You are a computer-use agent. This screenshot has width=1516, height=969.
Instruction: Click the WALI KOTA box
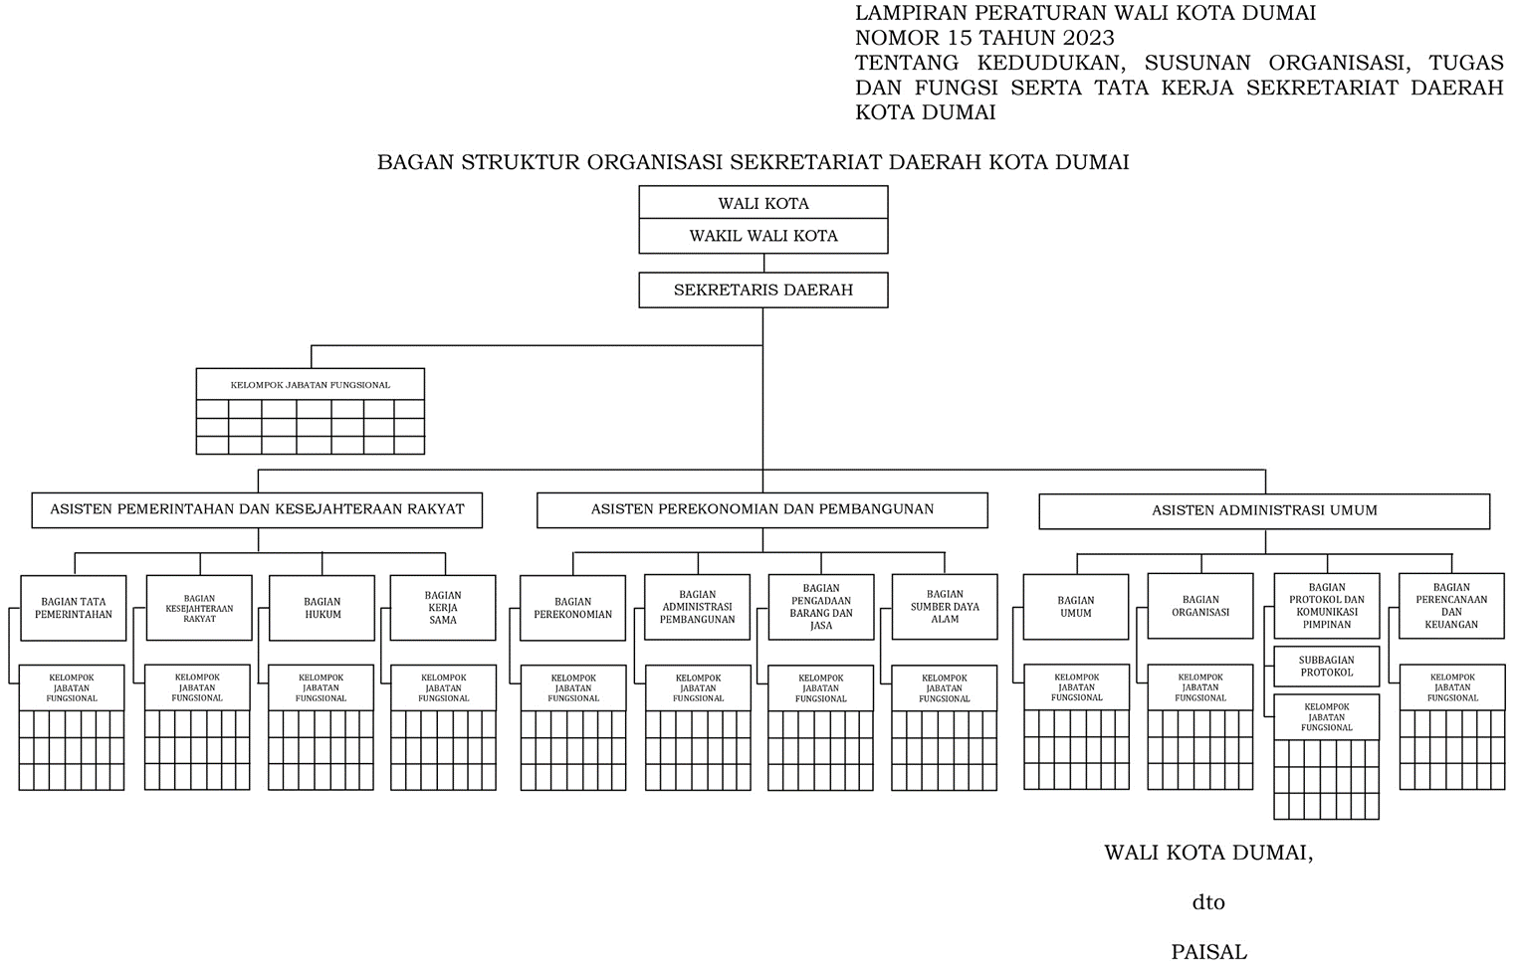click(762, 203)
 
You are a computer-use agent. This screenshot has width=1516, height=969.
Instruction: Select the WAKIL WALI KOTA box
click(762, 236)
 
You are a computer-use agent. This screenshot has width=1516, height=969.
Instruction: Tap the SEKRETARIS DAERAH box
click(762, 291)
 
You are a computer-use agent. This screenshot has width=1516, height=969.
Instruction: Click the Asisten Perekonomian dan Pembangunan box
click(762, 509)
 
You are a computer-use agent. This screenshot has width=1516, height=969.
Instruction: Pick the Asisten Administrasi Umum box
click(1264, 510)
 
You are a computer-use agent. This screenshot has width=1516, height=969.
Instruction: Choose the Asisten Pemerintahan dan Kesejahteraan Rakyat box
click(257, 509)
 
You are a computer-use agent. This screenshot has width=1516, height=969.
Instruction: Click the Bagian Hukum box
click(322, 608)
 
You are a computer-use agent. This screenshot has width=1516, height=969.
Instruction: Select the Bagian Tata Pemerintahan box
click(73, 608)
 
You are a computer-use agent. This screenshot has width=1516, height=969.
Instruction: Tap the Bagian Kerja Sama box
click(443, 608)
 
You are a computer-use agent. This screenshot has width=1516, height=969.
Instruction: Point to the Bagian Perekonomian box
click(573, 608)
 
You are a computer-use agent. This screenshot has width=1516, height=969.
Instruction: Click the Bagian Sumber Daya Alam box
click(945, 607)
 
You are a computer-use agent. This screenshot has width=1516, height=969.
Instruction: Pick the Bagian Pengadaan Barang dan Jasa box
click(821, 607)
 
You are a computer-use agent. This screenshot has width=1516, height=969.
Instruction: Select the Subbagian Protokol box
click(1327, 667)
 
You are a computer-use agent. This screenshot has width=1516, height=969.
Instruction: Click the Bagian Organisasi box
click(1200, 606)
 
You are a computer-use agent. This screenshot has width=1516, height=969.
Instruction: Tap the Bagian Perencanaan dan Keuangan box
click(1451, 606)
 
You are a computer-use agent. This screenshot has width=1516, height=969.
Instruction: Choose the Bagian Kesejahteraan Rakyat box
click(199, 608)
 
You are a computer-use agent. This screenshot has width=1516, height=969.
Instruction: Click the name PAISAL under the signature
click(1208, 952)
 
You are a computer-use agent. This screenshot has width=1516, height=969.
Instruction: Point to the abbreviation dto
click(1208, 903)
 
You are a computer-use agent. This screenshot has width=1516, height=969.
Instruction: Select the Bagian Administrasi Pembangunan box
click(698, 607)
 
